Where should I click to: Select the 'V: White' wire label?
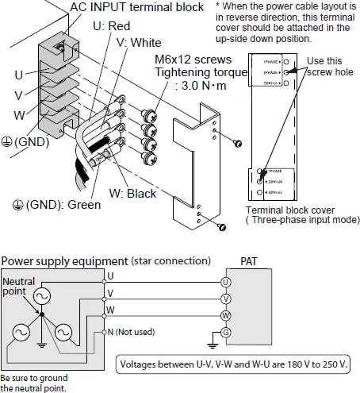[140, 41]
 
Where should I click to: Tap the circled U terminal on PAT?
[226, 282]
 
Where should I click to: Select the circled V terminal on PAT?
[226, 299]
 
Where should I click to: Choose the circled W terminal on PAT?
[226, 315]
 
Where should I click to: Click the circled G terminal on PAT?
[226, 332]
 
